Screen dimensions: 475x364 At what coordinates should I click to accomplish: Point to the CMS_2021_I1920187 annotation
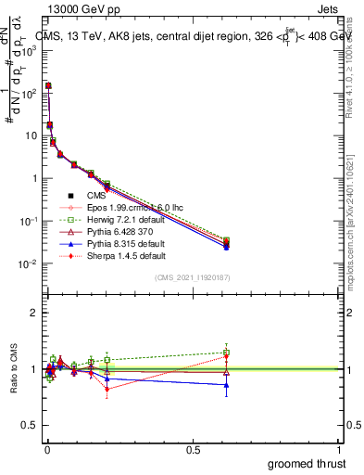click(192, 277)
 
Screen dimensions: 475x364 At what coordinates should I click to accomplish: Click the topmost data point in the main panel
click(48, 85)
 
